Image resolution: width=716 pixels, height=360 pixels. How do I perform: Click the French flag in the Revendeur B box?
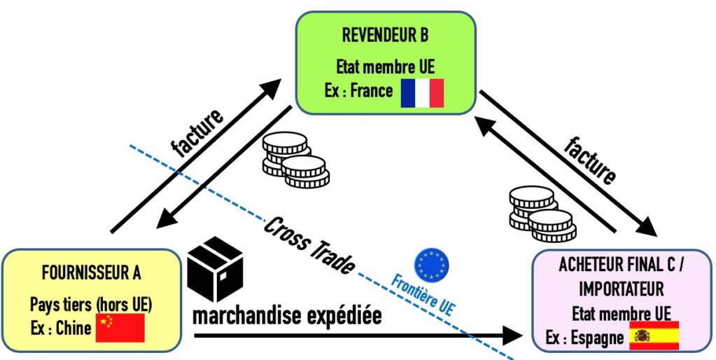tap(422, 93)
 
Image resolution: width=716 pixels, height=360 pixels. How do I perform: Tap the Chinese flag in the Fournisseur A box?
tap(120, 327)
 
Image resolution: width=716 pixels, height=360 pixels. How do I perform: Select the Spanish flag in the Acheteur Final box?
tap(654, 336)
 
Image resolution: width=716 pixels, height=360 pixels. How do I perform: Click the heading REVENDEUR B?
tap(385, 35)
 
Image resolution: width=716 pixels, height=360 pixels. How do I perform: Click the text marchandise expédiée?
tap(287, 316)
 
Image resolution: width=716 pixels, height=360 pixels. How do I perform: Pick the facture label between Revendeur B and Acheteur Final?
tap(590, 162)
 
